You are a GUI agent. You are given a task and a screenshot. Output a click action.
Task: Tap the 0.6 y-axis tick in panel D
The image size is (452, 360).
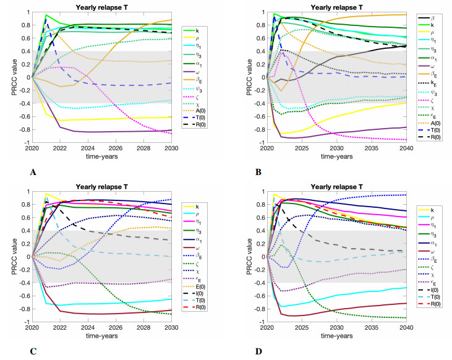254,217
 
